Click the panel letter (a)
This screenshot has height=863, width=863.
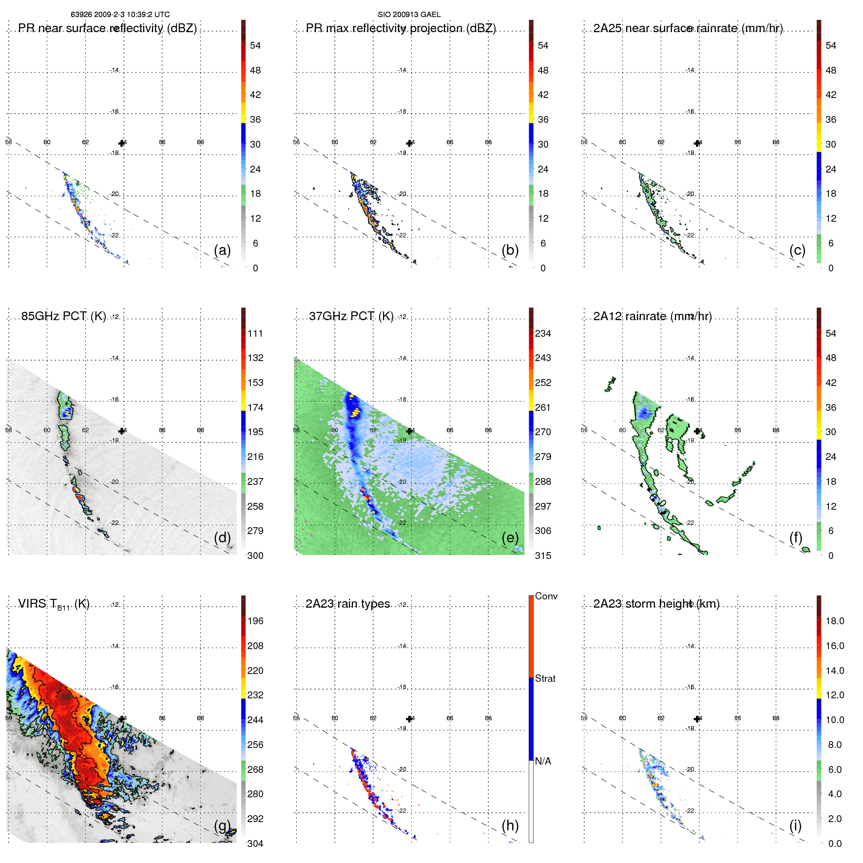222,250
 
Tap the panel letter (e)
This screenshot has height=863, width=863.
510,537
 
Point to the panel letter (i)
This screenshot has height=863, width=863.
795,825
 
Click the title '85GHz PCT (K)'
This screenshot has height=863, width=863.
63,316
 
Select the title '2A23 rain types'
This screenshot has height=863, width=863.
347,604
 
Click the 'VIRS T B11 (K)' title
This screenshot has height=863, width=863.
54,604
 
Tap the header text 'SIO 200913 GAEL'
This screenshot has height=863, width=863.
409,15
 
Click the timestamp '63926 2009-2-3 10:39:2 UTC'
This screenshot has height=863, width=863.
120,15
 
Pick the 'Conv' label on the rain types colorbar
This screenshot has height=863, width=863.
546,596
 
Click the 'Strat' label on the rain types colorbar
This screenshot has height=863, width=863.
545,678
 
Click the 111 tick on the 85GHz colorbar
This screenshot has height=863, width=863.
255,333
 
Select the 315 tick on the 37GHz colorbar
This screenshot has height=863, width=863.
543,556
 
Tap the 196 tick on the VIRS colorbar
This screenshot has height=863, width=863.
255,621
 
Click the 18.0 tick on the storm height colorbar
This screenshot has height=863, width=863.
835,621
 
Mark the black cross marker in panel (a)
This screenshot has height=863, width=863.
121,143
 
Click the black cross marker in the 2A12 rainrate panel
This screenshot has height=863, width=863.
697,431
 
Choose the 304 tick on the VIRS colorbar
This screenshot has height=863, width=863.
255,844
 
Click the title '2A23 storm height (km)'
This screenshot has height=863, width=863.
656,604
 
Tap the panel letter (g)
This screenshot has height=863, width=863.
222,825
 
